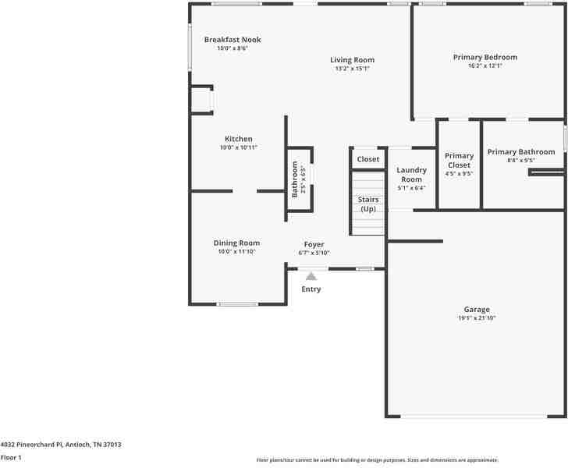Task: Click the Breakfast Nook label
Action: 233,40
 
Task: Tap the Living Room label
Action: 352,60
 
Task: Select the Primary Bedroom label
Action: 485,57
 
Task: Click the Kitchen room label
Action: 239,139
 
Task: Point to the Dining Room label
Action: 236,243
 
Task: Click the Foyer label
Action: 314,244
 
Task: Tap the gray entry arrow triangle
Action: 311,275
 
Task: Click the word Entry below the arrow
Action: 311,289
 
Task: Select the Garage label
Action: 477,310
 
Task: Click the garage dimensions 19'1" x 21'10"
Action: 477,318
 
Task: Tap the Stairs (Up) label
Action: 368,204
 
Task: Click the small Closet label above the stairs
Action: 368,159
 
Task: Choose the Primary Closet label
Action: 459,161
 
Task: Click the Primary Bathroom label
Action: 520,151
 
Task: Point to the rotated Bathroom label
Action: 295,179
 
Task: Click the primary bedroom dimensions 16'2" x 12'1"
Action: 485,66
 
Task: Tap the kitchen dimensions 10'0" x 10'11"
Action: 239,147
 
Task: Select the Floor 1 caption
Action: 11,458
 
